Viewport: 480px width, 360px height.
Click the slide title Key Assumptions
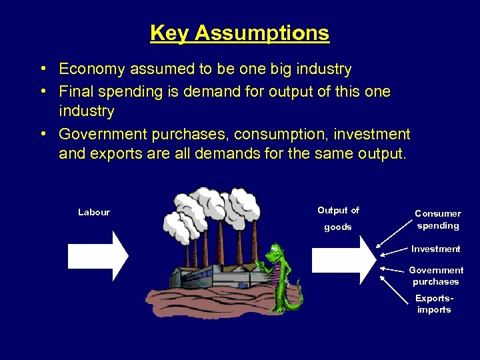239,33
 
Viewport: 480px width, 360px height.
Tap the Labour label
93,212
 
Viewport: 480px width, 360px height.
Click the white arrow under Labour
98,255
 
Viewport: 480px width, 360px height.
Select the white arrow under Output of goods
344,259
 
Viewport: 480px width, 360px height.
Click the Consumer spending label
437,219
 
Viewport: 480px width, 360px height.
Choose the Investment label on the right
435,249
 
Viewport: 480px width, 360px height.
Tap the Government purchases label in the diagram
436,275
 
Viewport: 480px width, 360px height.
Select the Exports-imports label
433,304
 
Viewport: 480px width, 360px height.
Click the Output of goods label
338,219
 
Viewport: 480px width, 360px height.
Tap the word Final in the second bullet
76,91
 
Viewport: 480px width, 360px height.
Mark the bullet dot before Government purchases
42,134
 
